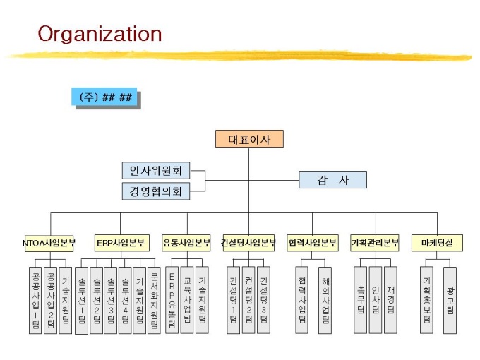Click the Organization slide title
click(x=100, y=33)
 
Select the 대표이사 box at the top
click(x=248, y=138)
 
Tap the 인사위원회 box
click(x=156, y=171)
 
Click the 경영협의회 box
click(x=156, y=191)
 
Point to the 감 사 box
click(x=333, y=180)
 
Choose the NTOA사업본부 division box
click(x=49, y=243)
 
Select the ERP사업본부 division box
click(x=121, y=243)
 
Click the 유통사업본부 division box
click(x=186, y=243)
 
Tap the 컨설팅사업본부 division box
click(x=248, y=243)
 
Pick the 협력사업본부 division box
click(x=313, y=243)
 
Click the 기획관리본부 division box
click(x=375, y=243)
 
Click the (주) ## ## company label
click(x=104, y=97)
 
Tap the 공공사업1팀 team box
click(x=35, y=299)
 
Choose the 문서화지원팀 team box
click(x=155, y=299)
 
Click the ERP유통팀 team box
click(x=172, y=299)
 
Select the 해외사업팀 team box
click(x=325, y=299)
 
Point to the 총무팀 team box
click(x=361, y=299)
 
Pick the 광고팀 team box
click(x=450, y=299)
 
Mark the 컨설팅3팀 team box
click(x=263, y=299)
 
